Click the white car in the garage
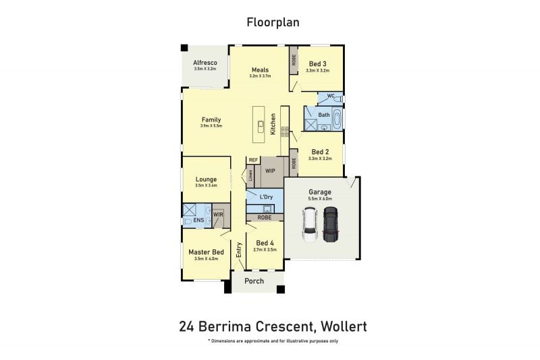(x=309, y=225)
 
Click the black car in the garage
(x=329, y=224)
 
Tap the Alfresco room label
(x=205, y=63)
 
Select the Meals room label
(x=260, y=70)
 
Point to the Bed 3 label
(x=317, y=63)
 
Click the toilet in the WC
(x=338, y=99)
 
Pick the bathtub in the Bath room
(x=336, y=118)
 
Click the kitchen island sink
(x=261, y=126)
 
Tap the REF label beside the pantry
(x=253, y=160)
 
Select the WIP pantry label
(x=270, y=171)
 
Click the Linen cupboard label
(x=250, y=176)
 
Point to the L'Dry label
(x=266, y=197)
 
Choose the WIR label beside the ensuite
(x=218, y=214)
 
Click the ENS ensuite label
(x=198, y=220)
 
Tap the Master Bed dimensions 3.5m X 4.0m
(x=207, y=259)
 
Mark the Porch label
(x=254, y=281)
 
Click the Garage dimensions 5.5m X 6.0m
(x=320, y=199)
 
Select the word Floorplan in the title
(x=273, y=22)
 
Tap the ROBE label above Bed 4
(x=265, y=217)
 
